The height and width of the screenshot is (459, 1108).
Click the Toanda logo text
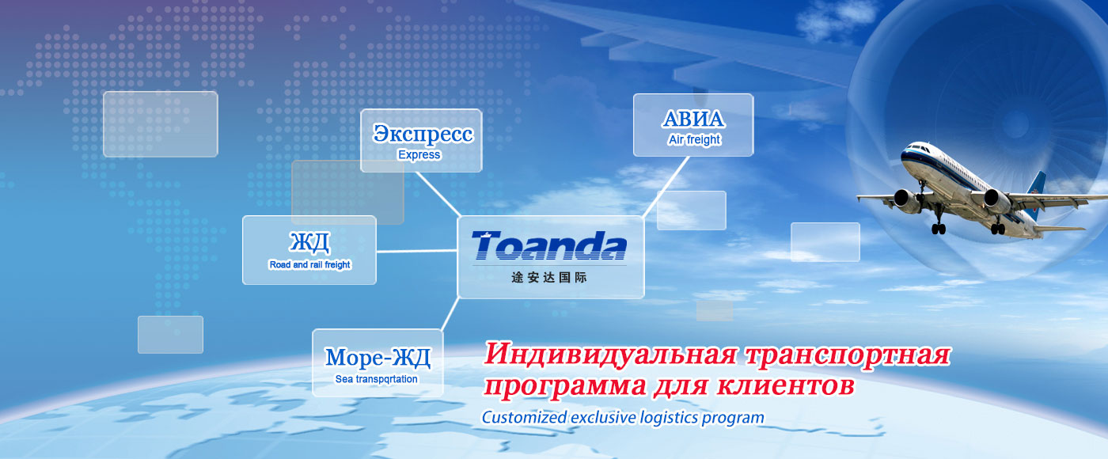tap(549, 246)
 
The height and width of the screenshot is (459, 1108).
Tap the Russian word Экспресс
tap(423, 134)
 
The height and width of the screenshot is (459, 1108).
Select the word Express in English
tap(419, 155)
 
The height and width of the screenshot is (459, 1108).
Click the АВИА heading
tap(693, 119)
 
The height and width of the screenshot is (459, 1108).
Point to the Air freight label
tap(695, 140)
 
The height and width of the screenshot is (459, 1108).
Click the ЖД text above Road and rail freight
tap(309, 243)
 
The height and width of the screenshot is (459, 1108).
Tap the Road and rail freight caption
tap(309, 264)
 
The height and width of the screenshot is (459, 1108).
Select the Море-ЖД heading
tap(378, 358)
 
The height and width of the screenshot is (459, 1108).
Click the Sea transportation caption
tap(377, 379)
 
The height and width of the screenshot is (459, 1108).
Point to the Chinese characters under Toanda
tap(549, 278)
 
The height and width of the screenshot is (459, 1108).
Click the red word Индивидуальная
tap(610, 355)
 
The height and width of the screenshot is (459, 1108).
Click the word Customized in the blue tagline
tap(524, 418)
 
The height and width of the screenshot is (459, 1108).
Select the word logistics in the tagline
tap(669, 418)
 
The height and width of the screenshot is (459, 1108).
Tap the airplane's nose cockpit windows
tap(914, 147)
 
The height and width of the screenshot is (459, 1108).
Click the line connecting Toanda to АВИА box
tap(666, 187)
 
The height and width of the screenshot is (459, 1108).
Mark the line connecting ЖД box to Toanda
tap(416, 252)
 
